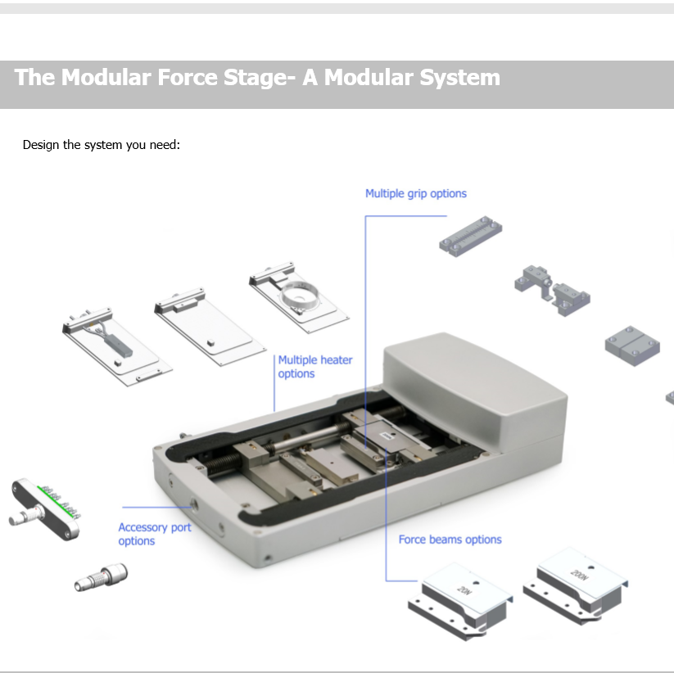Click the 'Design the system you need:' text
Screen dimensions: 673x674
tap(101, 145)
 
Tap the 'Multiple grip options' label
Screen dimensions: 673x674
tap(415, 194)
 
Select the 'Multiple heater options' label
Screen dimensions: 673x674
tap(314, 367)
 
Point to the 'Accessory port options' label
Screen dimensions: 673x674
tap(154, 534)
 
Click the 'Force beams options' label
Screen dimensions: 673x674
tap(450, 540)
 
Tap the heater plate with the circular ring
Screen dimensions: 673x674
tap(298, 295)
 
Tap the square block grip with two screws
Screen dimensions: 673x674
tap(631, 346)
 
